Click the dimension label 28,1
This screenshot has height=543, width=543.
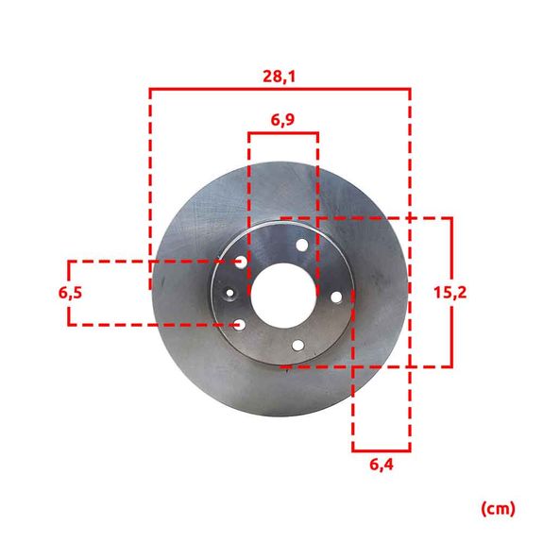[x=280, y=76]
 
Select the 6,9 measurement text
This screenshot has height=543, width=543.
[x=283, y=120]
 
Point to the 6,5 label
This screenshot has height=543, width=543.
[x=71, y=293]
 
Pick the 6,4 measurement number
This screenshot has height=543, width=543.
[x=381, y=465]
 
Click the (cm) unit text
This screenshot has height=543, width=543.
[x=498, y=508]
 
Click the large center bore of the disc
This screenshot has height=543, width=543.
[x=282, y=293]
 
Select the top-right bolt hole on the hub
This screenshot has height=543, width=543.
[x=302, y=246]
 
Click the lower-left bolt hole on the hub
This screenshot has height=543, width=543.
[x=240, y=325]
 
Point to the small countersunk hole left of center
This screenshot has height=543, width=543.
[x=229, y=293]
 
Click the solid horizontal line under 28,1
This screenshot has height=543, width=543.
[x=280, y=90]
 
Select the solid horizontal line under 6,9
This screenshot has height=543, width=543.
[x=283, y=133]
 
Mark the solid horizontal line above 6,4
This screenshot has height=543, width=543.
[x=381, y=450]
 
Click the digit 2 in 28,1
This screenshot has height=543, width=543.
[x=268, y=76]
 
